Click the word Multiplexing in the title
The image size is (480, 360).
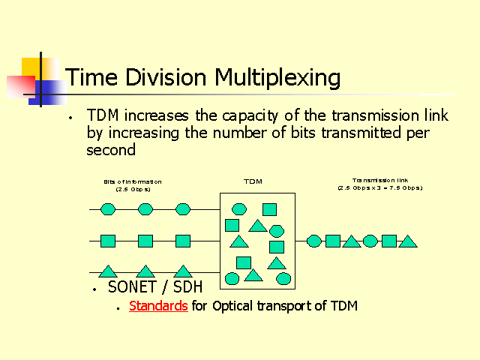click(277, 78)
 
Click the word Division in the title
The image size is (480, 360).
click(166, 76)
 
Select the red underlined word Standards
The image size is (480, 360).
click(158, 306)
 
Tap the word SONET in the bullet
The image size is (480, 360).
click(132, 286)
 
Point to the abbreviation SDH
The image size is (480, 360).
click(187, 286)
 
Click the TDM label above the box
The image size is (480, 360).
click(253, 181)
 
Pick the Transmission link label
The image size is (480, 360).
click(380, 180)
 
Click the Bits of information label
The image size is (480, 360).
click(133, 181)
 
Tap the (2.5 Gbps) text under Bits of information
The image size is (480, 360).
click(133, 190)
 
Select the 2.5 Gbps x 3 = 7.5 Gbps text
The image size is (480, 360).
click(380, 188)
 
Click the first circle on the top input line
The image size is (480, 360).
click(108, 209)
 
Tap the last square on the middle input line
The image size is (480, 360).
click(183, 241)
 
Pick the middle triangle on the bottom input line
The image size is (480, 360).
click(145, 271)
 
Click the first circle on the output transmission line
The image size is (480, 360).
click(314, 241)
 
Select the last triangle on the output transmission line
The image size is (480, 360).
click(408, 241)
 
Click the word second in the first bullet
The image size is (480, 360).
click(111, 150)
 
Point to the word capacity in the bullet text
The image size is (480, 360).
click(250, 116)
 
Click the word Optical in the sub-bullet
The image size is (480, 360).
click(232, 307)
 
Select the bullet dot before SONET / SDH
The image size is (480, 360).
click(94, 289)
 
